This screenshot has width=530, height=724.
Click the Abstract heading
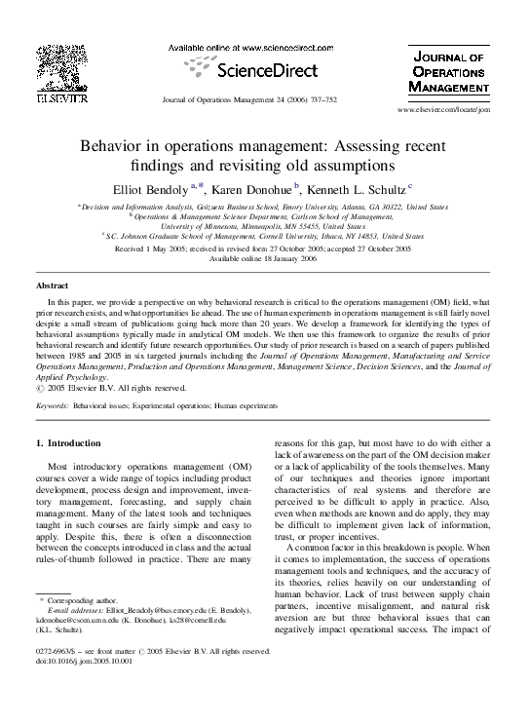52,286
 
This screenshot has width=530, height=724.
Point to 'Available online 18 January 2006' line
263,259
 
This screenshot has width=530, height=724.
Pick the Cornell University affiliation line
265,236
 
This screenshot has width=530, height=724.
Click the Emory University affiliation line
265,208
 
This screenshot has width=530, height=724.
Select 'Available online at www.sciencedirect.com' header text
263,48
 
